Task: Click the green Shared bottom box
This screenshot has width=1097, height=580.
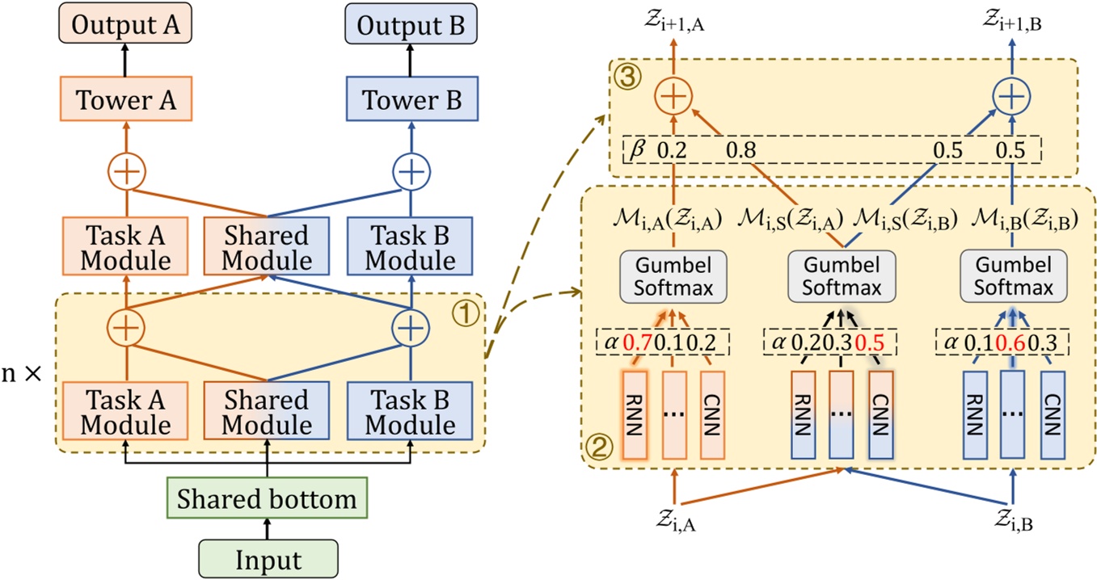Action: tap(267, 498)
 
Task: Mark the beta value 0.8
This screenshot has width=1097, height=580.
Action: tap(741, 150)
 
